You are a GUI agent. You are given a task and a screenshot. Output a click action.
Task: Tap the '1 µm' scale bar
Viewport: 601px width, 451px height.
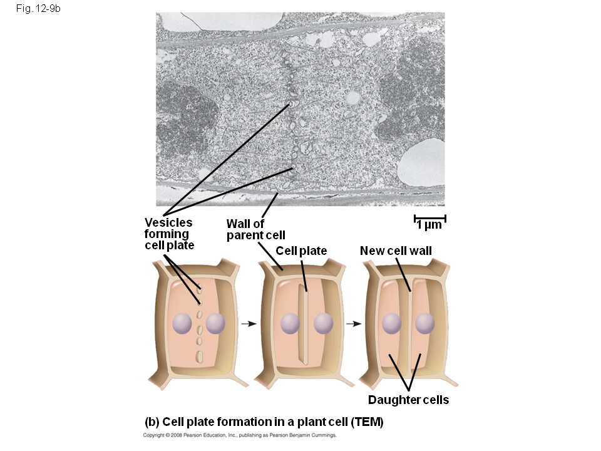pyautogui.click(x=429, y=222)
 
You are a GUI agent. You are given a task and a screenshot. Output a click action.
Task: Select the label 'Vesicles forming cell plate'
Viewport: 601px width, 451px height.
pyautogui.click(x=169, y=234)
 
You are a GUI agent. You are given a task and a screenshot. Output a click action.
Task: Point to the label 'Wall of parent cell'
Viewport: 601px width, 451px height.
pyautogui.click(x=255, y=229)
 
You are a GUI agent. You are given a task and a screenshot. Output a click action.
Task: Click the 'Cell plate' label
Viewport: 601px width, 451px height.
pyautogui.click(x=301, y=251)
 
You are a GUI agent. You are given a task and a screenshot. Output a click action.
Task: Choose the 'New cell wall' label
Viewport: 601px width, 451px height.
pyautogui.click(x=396, y=251)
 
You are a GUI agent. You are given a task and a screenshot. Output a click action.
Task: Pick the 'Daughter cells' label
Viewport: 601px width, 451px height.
pyautogui.click(x=408, y=400)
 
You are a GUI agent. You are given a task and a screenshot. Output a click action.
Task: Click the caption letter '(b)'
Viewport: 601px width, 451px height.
pyautogui.click(x=152, y=422)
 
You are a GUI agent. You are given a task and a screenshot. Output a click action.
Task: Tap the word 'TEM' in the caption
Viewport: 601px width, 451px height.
pyautogui.click(x=367, y=422)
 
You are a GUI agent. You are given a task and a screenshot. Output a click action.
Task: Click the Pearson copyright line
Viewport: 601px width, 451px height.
pyautogui.click(x=240, y=435)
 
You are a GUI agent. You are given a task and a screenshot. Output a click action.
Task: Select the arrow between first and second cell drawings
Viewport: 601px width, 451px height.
pyautogui.click(x=249, y=324)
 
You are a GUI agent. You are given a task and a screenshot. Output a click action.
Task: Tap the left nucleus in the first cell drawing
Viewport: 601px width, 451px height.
pyautogui.click(x=182, y=323)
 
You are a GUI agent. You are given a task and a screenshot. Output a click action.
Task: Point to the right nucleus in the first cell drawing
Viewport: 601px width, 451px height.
pyautogui.click(x=215, y=323)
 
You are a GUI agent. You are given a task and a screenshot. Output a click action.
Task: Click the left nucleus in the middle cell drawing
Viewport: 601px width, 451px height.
pyautogui.click(x=290, y=323)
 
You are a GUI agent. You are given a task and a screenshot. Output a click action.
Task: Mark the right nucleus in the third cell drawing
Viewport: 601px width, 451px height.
pyautogui.click(x=425, y=323)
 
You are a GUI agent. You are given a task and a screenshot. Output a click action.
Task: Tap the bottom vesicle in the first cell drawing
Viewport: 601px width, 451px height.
pyautogui.click(x=200, y=357)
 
